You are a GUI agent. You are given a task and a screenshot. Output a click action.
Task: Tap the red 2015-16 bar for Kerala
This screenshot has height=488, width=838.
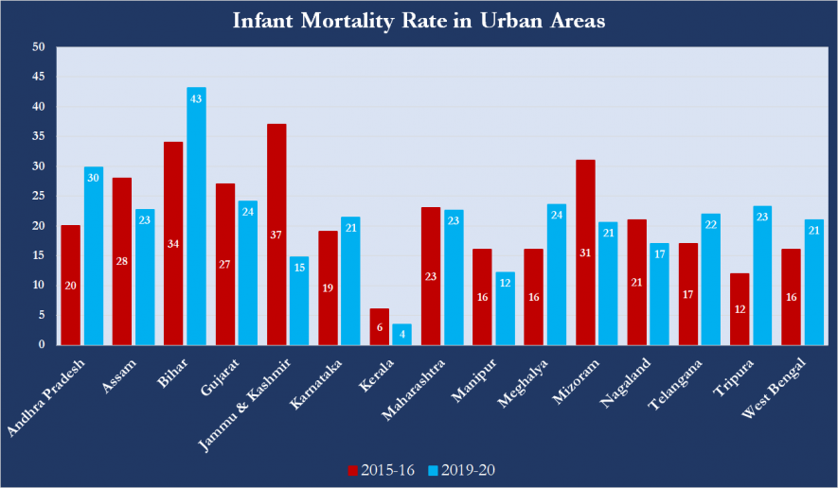(x=379, y=327)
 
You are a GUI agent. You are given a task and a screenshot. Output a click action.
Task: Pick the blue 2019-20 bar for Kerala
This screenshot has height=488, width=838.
(x=401, y=335)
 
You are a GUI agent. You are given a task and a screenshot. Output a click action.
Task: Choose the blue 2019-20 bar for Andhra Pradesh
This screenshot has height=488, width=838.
(x=94, y=255)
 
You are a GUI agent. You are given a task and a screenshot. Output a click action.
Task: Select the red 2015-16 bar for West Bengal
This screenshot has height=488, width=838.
(x=792, y=297)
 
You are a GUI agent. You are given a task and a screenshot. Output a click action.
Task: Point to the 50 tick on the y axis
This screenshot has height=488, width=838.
(x=39, y=47)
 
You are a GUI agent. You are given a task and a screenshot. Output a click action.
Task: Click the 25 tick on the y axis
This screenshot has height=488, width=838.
(x=39, y=196)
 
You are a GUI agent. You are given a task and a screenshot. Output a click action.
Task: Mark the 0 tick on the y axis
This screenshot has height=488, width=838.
(x=42, y=344)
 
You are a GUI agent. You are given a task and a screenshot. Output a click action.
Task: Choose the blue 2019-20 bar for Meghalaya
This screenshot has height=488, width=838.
(x=556, y=274)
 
